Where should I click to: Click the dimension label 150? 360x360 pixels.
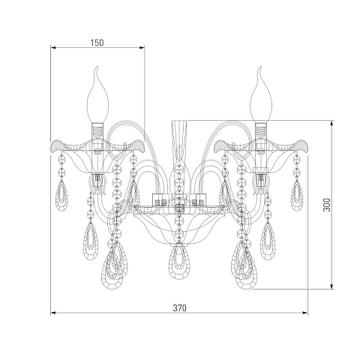point(97,43)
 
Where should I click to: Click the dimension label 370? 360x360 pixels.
point(180,308)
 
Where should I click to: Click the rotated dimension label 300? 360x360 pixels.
point(327,205)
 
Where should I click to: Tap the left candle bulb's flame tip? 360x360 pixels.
point(97,67)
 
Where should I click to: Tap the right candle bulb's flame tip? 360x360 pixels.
point(260,67)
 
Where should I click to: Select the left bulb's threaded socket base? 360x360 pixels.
point(97,130)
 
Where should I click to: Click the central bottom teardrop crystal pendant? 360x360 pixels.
point(179,260)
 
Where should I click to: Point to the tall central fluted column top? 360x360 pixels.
point(180,121)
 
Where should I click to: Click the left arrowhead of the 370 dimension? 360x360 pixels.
point(53,313)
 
